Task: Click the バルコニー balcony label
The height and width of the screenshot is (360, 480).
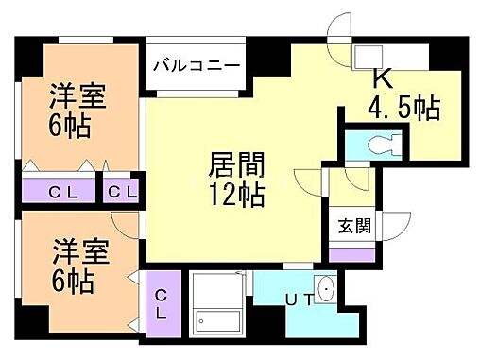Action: coord(197,65)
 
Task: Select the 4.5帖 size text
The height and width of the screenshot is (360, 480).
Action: coord(403,109)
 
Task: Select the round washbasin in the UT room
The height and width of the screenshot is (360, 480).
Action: coord(326,290)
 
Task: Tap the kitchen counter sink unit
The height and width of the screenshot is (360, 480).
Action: coord(389,55)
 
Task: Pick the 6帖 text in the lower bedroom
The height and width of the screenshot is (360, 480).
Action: coord(72,282)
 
